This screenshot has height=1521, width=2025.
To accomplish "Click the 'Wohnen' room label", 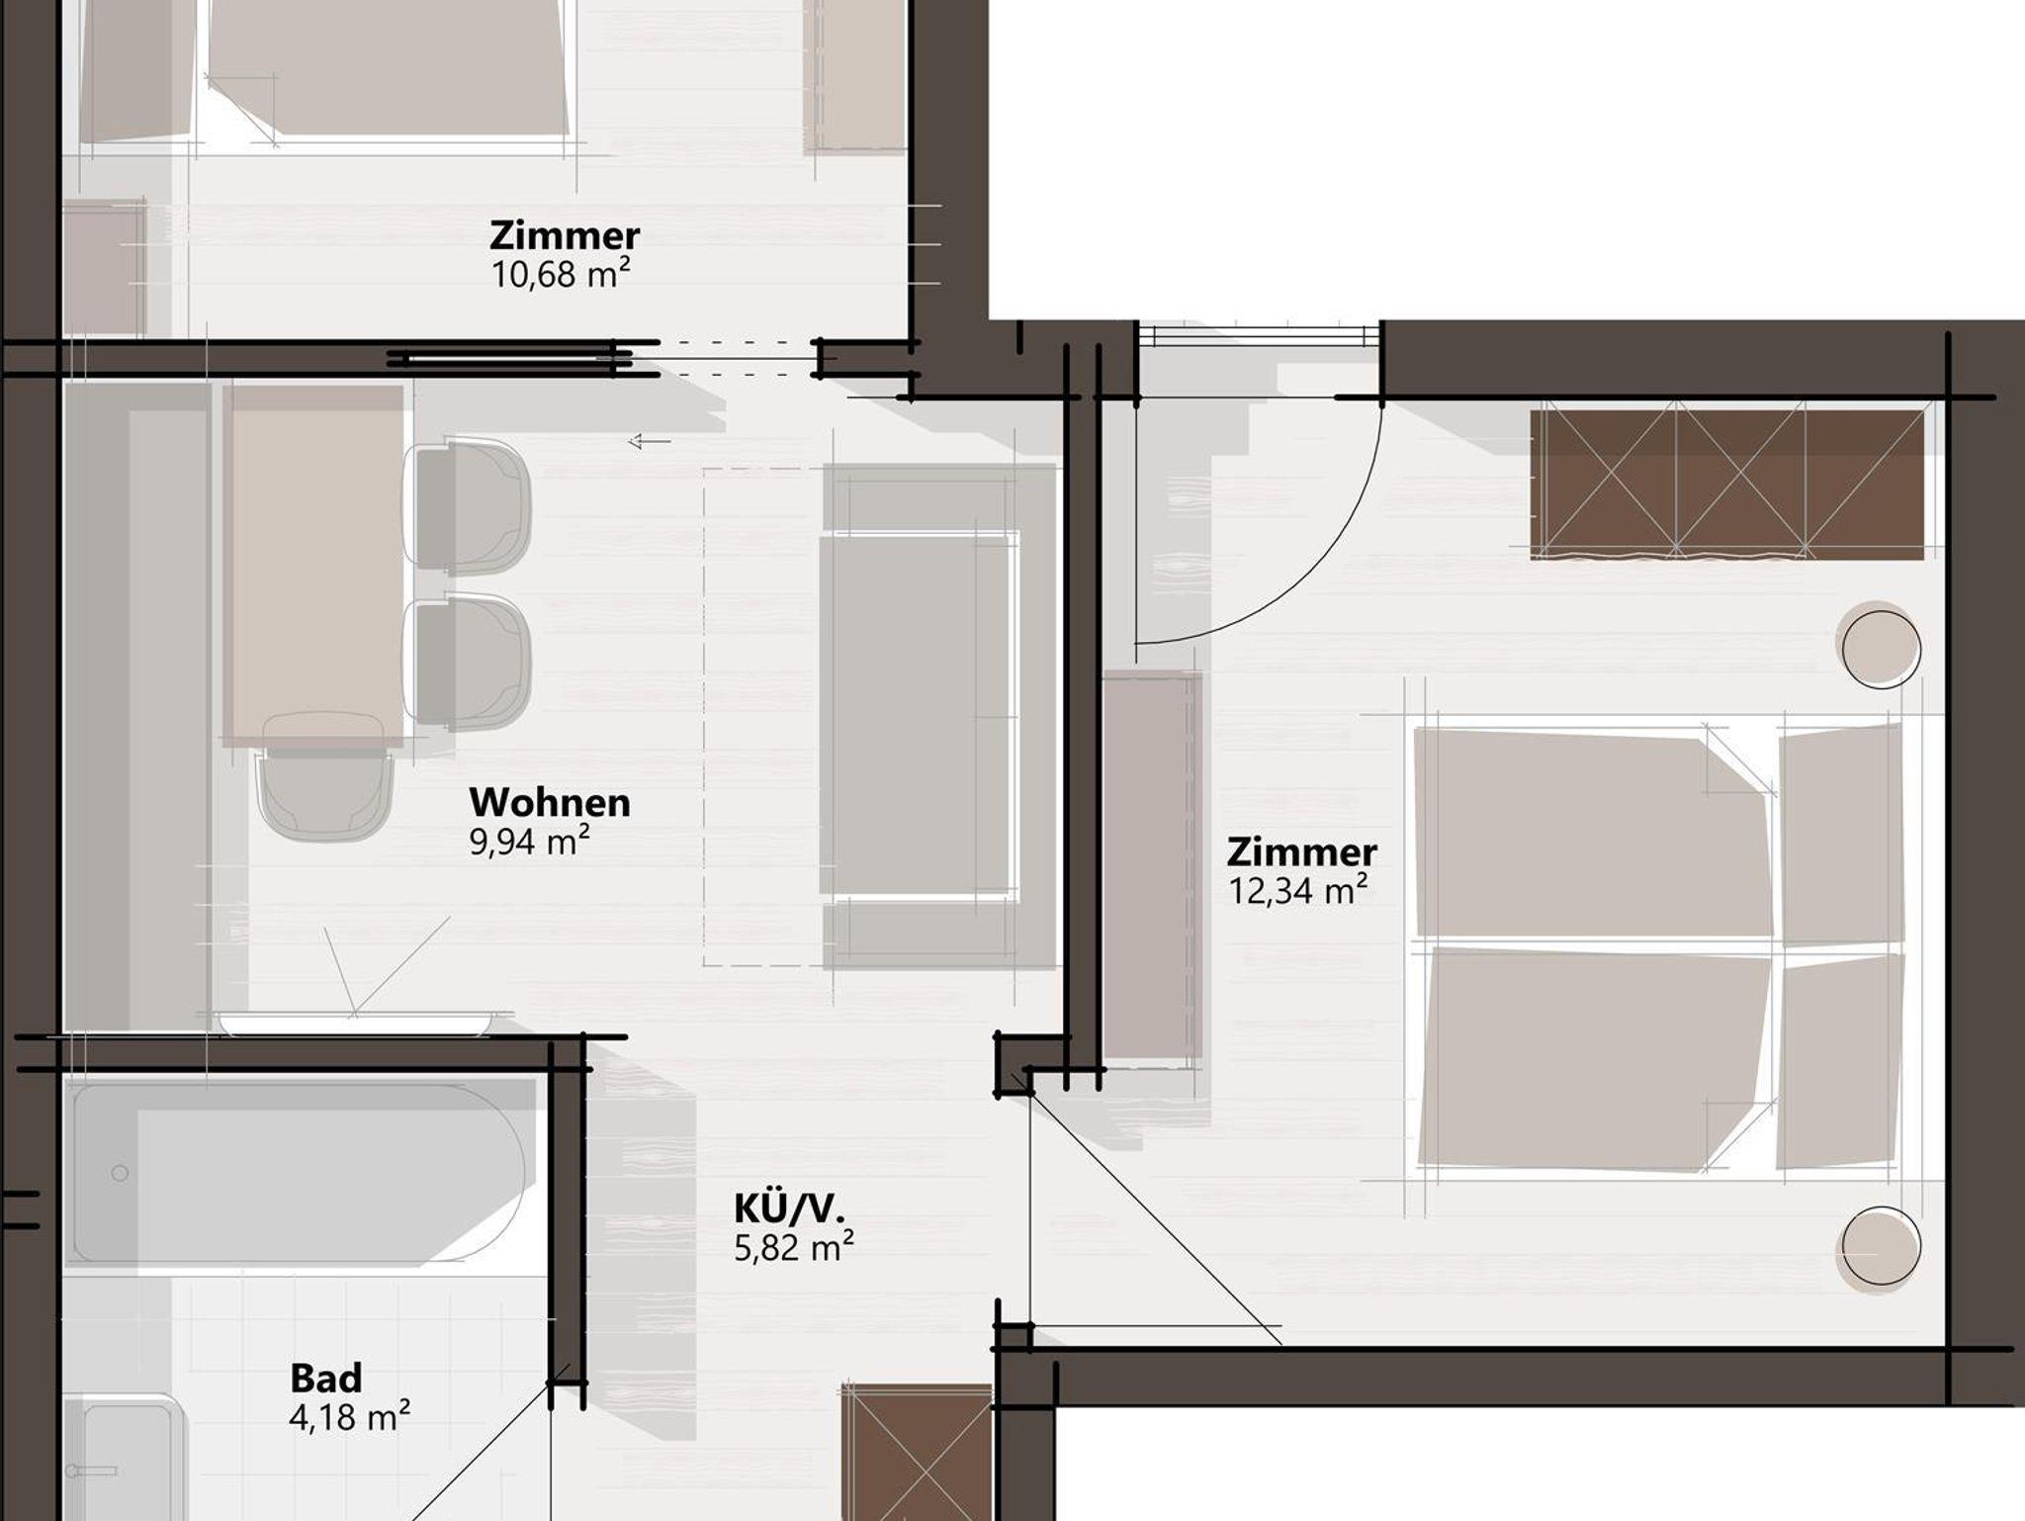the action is (550, 802).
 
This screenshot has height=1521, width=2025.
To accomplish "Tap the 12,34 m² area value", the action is (1298, 890).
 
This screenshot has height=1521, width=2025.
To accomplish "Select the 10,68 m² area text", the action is (561, 274).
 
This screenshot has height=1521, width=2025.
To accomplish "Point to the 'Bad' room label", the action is (326, 1378).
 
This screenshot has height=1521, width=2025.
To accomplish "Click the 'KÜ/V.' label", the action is (789, 1208).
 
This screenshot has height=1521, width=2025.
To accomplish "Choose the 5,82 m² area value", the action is (794, 1247).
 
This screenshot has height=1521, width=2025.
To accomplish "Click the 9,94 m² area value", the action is (529, 842).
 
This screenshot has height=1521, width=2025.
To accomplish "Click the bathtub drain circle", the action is (120, 1174).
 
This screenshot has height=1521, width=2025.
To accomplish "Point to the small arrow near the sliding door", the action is (650, 441).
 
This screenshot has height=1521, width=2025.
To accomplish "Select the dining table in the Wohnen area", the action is (313, 564).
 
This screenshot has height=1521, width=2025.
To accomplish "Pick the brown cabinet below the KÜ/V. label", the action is (917, 1452).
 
